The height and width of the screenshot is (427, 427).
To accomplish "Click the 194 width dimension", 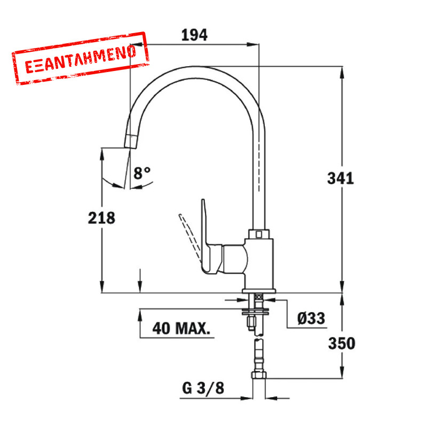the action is [194, 35].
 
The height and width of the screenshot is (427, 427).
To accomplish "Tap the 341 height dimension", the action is [341, 179].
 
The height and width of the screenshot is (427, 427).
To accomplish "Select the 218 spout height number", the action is [101, 218].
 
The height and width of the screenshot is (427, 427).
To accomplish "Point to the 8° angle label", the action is [142, 172].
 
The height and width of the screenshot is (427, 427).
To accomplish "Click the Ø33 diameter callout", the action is [311, 318].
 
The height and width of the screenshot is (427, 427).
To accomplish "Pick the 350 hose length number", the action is [342, 343].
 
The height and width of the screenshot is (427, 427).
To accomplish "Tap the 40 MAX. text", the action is [181, 328].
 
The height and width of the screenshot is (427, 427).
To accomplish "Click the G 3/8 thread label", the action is [203, 388].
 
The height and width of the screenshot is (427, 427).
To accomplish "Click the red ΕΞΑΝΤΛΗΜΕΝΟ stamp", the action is [81, 58].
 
